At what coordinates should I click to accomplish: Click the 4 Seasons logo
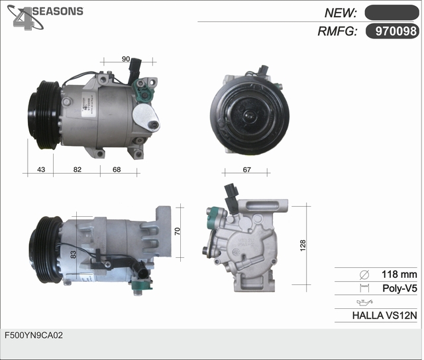click(44, 17)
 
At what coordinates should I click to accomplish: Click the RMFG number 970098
click(396, 31)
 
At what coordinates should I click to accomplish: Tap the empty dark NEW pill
click(392, 13)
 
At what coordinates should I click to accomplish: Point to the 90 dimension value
click(126, 59)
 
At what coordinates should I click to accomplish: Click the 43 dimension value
click(41, 170)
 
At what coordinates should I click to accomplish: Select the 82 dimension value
click(78, 170)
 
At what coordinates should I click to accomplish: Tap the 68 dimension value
click(117, 170)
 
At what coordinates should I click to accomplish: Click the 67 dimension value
click(246, 170)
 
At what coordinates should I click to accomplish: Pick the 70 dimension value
click(177, 231)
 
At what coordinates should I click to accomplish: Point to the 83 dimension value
click(73, 255)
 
